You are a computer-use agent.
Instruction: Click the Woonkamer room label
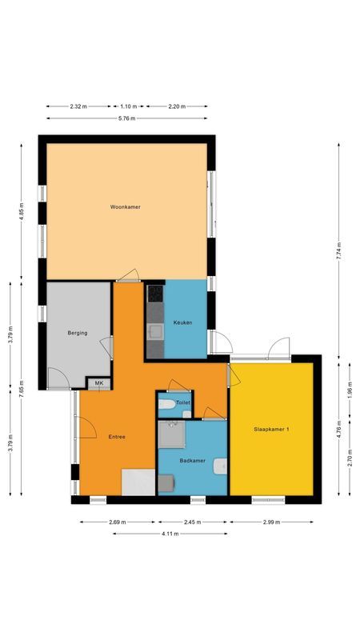[x=126, y=207]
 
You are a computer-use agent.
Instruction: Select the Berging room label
[x=77, y=333]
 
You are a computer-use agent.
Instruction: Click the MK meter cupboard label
[x=99, y=384]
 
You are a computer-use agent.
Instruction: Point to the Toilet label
[x=182, y=402]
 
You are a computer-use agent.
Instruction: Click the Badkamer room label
[x=193, y=460]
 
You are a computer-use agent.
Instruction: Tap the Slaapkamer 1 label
[x=272, y=430]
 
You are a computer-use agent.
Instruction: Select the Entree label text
[x=117, y=437]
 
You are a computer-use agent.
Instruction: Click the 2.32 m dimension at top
[x=78, y=106]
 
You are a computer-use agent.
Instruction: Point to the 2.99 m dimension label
[x=270, y=522]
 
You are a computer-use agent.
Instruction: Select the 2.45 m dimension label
[x=193, y=522]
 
